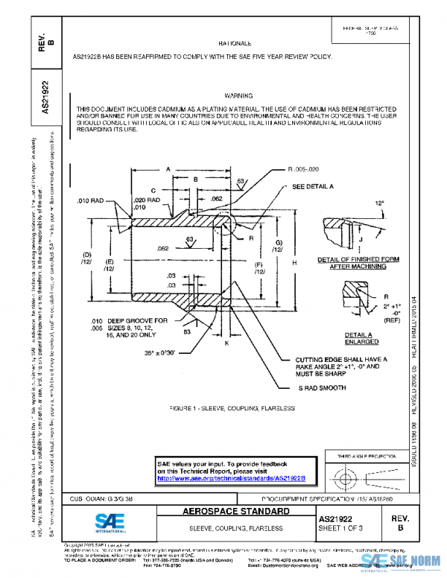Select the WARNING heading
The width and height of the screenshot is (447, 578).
238,96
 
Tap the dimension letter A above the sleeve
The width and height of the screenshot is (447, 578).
169,170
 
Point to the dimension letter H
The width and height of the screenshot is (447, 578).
294,263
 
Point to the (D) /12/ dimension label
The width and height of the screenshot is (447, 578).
86,258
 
